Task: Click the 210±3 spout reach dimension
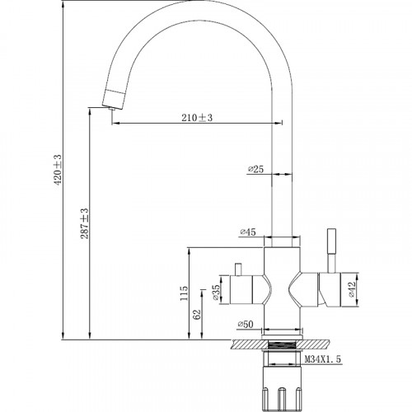tap(197, 118)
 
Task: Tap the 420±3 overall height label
tap(59, 169)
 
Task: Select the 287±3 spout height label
tap(85, 223)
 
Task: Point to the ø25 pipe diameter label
tap(255, 169)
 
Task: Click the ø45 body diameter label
tap(248, 232)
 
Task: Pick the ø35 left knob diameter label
tap(216, 293)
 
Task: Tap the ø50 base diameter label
tap(246, 325)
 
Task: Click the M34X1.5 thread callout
tap(323, 358)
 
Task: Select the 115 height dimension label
tap(184, 293)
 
